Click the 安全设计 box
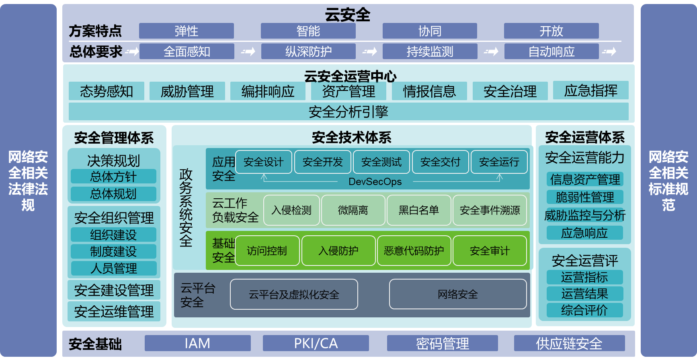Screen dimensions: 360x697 (x=264, y=162)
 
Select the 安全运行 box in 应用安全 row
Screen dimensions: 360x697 (x=499, y=162)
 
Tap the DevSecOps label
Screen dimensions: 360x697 (x=375, y=182)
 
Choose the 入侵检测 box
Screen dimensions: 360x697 (x=291, y=210)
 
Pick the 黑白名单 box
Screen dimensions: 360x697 (x=418, y=210)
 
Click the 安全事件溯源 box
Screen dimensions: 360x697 (x=490, y=210)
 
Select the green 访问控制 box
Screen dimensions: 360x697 (x=267, y=251)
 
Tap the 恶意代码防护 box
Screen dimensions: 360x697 (x=414, y=251)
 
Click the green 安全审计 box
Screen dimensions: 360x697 (x=490, y=251)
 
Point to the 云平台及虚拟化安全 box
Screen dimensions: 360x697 (x=294, y=294)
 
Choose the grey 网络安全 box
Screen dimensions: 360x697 (x=457, y=294)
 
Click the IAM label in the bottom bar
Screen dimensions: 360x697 (x=197, y=344)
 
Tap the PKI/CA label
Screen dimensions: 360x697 (x=316, y=344)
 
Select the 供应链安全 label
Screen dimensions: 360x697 (x=569, y=344)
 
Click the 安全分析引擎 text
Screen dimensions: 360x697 (x=348, y=112)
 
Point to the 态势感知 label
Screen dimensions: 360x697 (x=107, y=92)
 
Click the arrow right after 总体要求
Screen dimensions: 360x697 (x=132, y=51)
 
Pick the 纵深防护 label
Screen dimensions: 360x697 (x=308, y=51)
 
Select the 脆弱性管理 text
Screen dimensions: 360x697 (x=585, y=197)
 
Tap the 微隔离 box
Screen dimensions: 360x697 (x=353, y=210)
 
